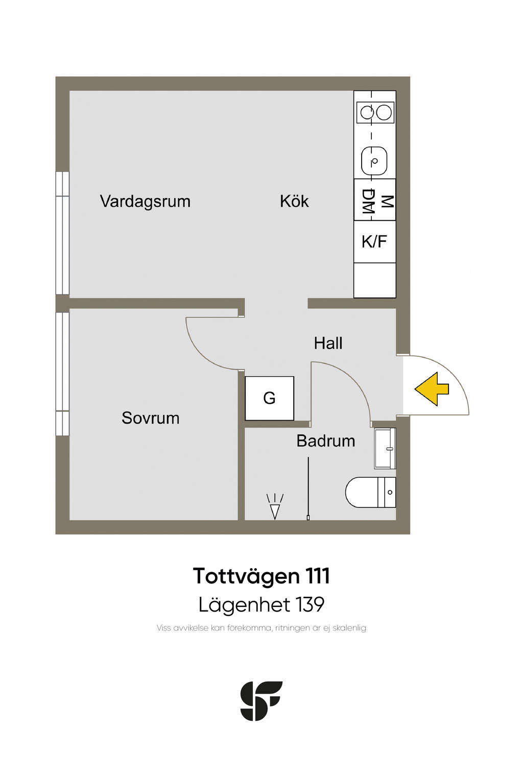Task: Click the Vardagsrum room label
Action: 145,202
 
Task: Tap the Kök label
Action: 294,202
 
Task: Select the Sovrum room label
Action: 151,418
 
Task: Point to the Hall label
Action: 328,343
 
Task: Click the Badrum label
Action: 325,441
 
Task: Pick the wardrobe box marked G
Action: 270,398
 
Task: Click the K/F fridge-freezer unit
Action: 374,241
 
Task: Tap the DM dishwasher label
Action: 368,202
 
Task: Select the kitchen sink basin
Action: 374,161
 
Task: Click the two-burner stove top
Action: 375,112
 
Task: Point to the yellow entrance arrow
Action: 432,389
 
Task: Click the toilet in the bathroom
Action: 370,493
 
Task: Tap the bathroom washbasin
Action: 385,449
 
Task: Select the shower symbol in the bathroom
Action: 275,506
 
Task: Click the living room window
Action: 62,233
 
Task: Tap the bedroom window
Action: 62,374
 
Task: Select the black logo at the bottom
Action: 261,701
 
